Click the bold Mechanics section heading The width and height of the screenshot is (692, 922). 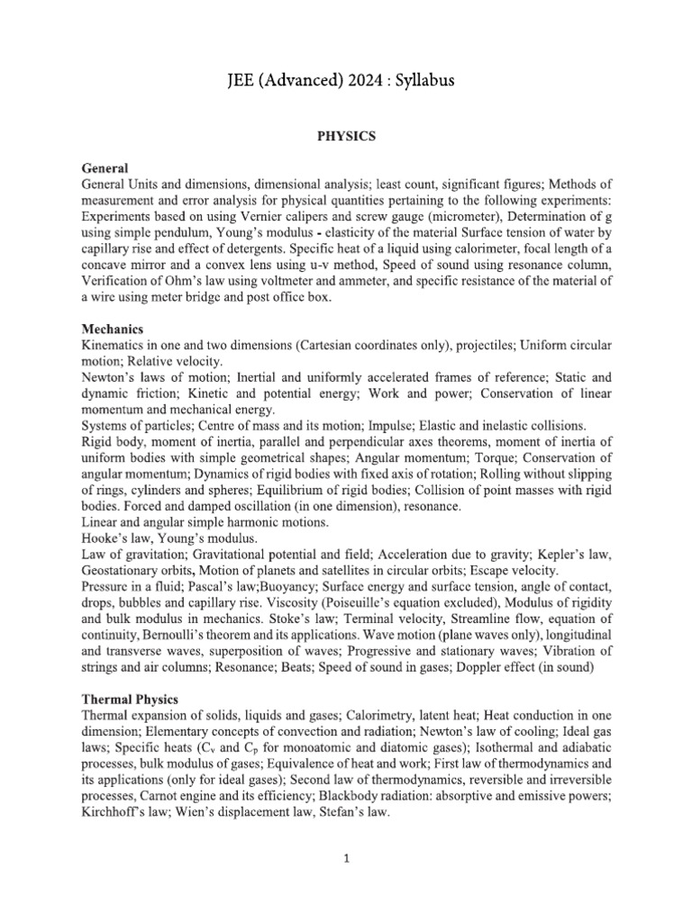pos(113,330)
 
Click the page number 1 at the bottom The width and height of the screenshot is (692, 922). pos(346,859)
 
